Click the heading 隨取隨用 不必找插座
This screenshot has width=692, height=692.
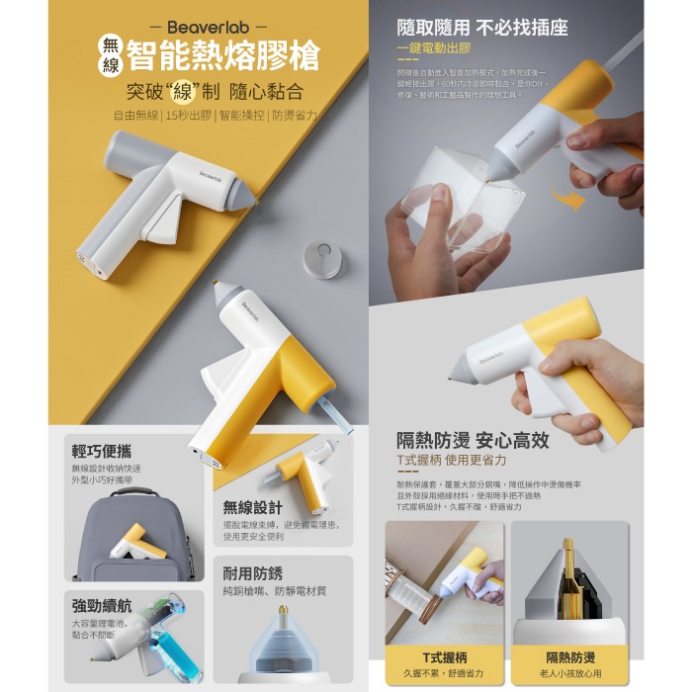point(481,27)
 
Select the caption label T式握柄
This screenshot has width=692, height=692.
point(435,656)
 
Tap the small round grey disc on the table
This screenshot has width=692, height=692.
point(321,254)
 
